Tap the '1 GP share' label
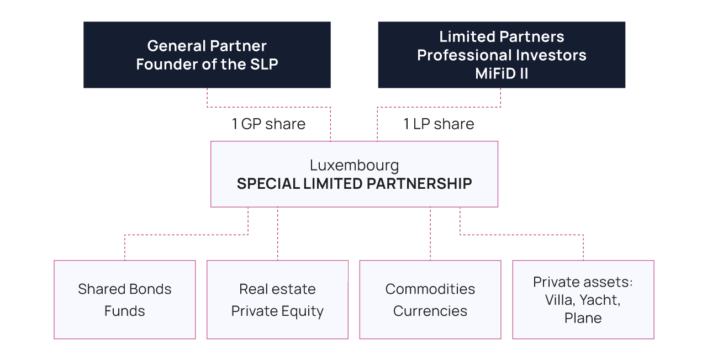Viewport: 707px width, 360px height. click(x=268, y=124)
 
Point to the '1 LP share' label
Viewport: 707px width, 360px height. click(x=439, y=124)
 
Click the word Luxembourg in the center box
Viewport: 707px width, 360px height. click(x=354, y=165)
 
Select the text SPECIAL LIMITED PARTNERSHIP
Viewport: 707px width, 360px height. click(x=354, y=184)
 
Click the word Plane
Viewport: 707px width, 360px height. click(x=583, y=319)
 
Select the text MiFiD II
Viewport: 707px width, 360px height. click(x=502, y=73)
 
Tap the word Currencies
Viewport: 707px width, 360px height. click(x=430, y=311)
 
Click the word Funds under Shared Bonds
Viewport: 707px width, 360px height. click(x=124, y=311)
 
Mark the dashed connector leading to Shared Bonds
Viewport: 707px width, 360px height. click(x=186, y=235)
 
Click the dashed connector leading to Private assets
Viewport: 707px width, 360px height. click(x=521, y=235)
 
